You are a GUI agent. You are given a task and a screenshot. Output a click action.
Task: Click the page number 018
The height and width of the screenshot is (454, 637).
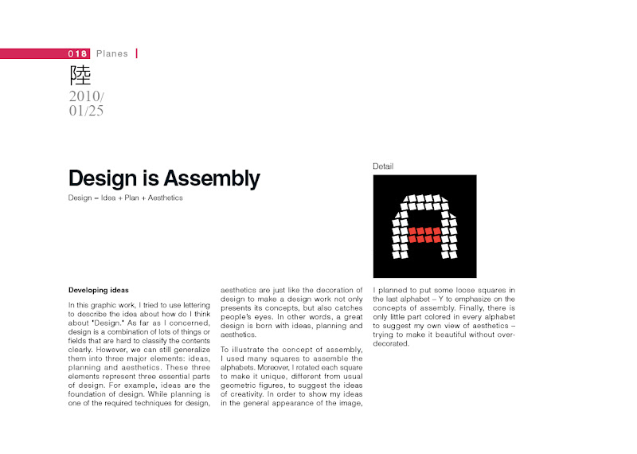tap(78, 54)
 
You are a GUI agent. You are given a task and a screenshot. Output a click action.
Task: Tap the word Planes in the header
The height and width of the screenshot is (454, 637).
tap(111, 54)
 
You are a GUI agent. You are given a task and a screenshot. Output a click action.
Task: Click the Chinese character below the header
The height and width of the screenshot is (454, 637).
tap(80, 76)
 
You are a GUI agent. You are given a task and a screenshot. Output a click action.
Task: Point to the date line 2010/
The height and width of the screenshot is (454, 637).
tap(87, 96)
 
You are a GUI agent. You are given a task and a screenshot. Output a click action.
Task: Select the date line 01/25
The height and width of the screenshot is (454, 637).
tap(86, 112)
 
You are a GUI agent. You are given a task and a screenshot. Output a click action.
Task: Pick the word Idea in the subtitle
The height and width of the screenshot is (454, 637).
tap(112, 198)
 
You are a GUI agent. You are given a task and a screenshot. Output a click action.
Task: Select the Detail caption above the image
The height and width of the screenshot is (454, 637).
tap(383, 166)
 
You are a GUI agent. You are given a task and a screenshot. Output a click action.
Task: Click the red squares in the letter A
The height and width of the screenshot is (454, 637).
tap(424, 234)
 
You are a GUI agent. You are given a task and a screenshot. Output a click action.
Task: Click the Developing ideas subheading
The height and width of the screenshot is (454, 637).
tap(99, 290)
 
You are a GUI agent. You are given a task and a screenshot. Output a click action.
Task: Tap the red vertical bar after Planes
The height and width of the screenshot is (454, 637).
tap(137, 53)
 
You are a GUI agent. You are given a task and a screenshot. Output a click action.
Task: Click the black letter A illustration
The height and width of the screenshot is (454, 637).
tap(424, 226)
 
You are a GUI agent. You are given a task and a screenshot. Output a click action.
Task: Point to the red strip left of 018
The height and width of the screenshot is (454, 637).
tap(32, 54)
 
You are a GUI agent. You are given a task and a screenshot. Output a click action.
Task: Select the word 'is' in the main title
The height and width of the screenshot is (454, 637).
tap(149, 178)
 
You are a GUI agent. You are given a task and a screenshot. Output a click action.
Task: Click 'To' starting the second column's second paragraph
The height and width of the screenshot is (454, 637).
tap(225, 350)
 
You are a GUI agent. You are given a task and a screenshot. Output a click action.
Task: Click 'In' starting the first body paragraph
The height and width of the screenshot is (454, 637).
tap(72, 305)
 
